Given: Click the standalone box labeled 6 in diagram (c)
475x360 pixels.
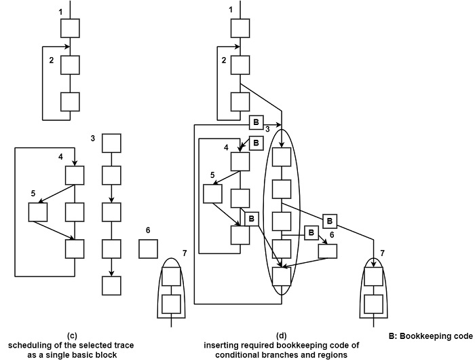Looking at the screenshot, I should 149,249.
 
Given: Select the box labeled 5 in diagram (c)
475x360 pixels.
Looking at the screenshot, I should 38,211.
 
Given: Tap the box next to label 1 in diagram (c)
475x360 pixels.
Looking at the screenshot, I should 71,28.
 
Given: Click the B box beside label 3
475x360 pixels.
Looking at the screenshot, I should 256,122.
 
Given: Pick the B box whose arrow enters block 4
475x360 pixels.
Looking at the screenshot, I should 256,143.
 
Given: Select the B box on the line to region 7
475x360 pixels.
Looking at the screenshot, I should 329,221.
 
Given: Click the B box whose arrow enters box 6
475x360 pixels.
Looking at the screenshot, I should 311,232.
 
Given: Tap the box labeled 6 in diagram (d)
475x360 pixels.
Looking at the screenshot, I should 328,251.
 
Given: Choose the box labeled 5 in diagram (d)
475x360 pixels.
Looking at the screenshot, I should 213,194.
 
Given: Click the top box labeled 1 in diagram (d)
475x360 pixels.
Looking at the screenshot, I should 240,28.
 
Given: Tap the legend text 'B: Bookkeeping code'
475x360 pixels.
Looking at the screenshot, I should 430,336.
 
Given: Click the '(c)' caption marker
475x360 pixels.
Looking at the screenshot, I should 73,336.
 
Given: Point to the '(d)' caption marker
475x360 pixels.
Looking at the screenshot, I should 282,336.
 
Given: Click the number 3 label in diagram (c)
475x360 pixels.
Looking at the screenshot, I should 92,139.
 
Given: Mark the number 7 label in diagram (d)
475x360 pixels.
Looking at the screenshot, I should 382,254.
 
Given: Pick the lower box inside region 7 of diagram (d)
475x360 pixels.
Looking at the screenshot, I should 373,302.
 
